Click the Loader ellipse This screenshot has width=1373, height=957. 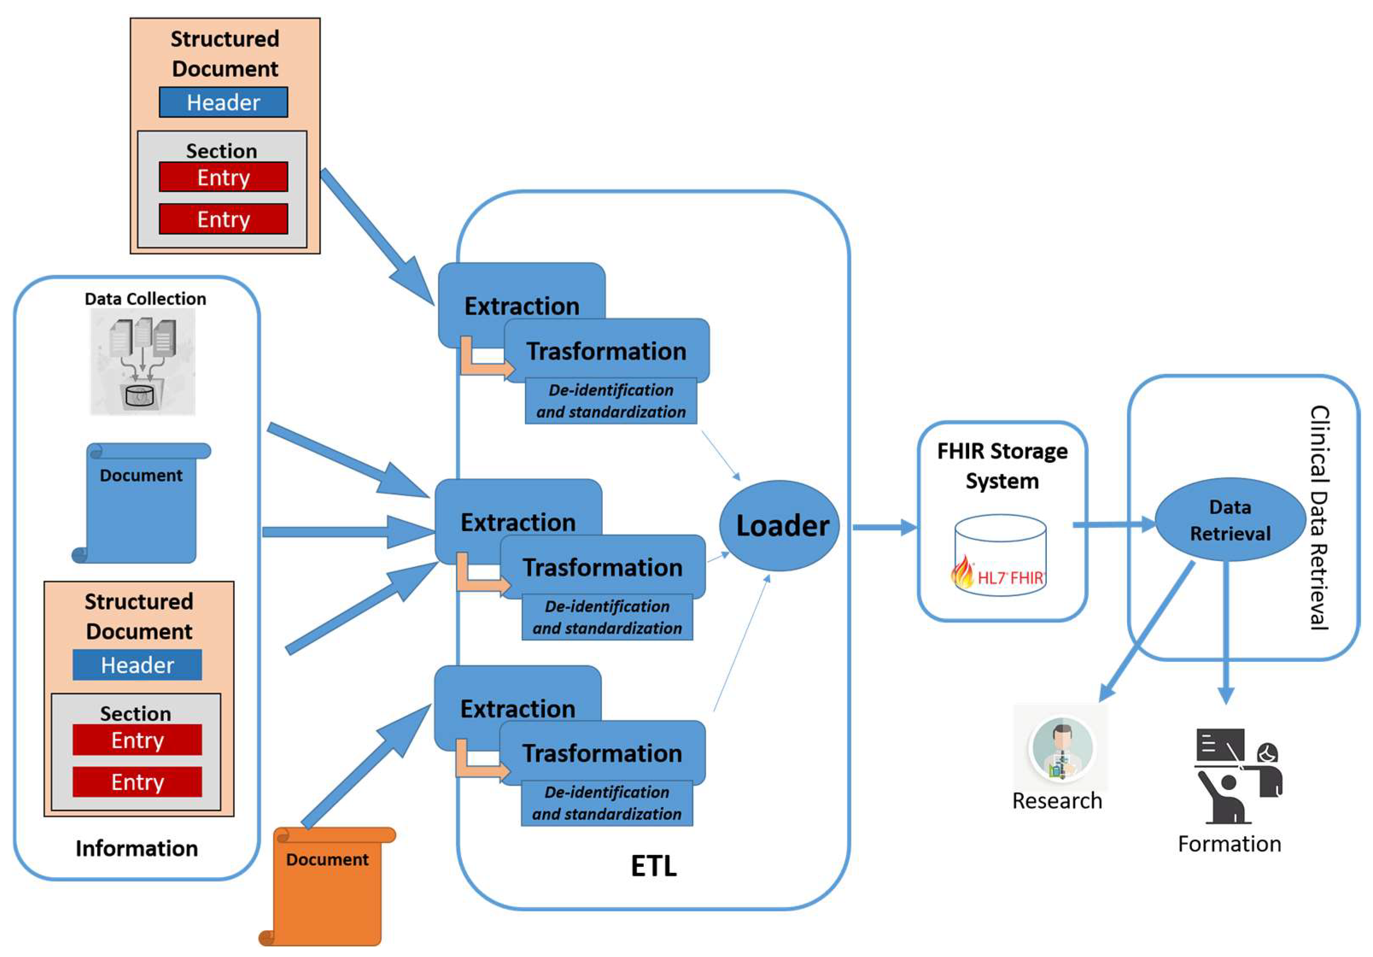(779, 526)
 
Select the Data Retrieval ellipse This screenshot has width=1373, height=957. (1230, 520)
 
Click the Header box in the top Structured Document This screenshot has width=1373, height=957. (223, 102)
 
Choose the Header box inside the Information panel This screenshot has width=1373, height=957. (137, 664)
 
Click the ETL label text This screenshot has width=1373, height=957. (654, 866)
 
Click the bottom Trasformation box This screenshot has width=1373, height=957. (602, 752)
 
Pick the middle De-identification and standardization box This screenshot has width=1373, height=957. (607, 617)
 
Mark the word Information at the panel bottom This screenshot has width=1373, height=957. (136, 848)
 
